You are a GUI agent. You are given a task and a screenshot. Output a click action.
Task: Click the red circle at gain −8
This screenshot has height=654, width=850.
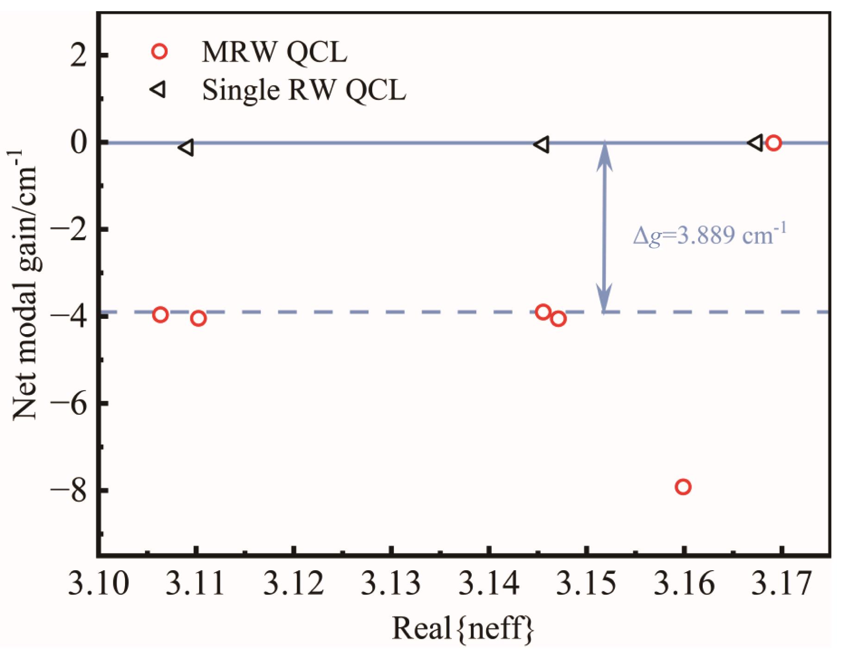(683, 486)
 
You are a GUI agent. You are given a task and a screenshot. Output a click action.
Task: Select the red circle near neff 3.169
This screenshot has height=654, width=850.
(773, 143)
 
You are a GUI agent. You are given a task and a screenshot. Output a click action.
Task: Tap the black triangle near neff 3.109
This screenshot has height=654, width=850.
(186, 147)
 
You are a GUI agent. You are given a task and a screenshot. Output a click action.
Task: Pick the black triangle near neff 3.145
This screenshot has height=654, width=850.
(542, 144)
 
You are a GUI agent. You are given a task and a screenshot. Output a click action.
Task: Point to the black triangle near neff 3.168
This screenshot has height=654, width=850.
(756, 143)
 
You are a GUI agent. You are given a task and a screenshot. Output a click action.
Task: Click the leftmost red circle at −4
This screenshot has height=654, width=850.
(160, 315)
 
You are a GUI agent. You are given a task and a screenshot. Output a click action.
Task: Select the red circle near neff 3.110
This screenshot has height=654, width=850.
(198, 318)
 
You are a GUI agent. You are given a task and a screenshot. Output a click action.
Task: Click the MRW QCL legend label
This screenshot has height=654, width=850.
(274, 52)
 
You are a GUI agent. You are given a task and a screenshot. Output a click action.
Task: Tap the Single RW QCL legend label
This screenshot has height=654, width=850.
(304, 90)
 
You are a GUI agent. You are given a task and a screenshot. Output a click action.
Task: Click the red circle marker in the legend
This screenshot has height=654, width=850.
(160, 51)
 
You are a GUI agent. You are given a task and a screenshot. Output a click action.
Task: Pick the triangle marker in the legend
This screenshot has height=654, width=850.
(158, 90)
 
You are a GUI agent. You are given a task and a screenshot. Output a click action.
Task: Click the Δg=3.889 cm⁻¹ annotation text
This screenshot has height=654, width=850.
(709, 236)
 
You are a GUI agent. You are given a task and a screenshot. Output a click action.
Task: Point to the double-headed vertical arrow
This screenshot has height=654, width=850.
(604, 227)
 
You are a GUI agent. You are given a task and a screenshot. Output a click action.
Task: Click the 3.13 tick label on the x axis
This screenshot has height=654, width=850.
(391, 584)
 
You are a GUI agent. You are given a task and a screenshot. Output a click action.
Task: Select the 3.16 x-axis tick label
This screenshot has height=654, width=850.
(684, 584)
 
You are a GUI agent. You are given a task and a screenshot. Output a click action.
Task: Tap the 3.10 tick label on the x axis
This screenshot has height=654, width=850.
(98, 584)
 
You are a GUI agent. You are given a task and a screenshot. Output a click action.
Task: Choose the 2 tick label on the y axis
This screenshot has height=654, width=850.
(79, 56)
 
